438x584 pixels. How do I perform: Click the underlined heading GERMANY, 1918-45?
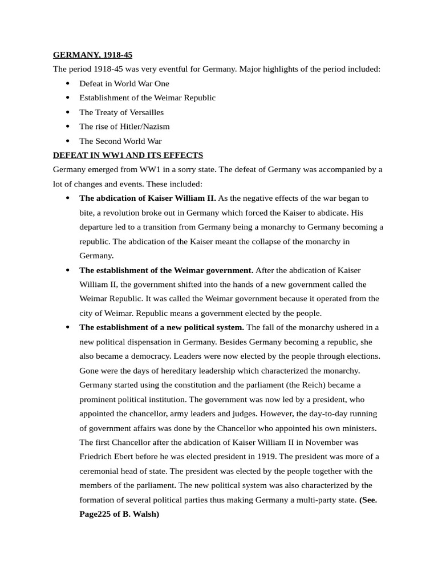coord(92,55)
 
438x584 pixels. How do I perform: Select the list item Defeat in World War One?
coord(124,83)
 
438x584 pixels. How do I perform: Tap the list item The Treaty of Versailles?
coord(121,112)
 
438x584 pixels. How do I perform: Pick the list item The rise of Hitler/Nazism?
coord(124,127)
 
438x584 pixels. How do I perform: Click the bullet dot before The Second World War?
coord(67,141)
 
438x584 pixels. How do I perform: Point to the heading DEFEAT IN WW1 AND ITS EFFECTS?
coord(128,155)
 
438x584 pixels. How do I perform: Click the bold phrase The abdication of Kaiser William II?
coord(148,198)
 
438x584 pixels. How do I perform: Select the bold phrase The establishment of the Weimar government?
coord(166,270)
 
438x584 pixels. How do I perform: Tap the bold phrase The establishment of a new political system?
coord(161,327)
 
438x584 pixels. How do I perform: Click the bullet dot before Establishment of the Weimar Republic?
coord(67,98)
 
